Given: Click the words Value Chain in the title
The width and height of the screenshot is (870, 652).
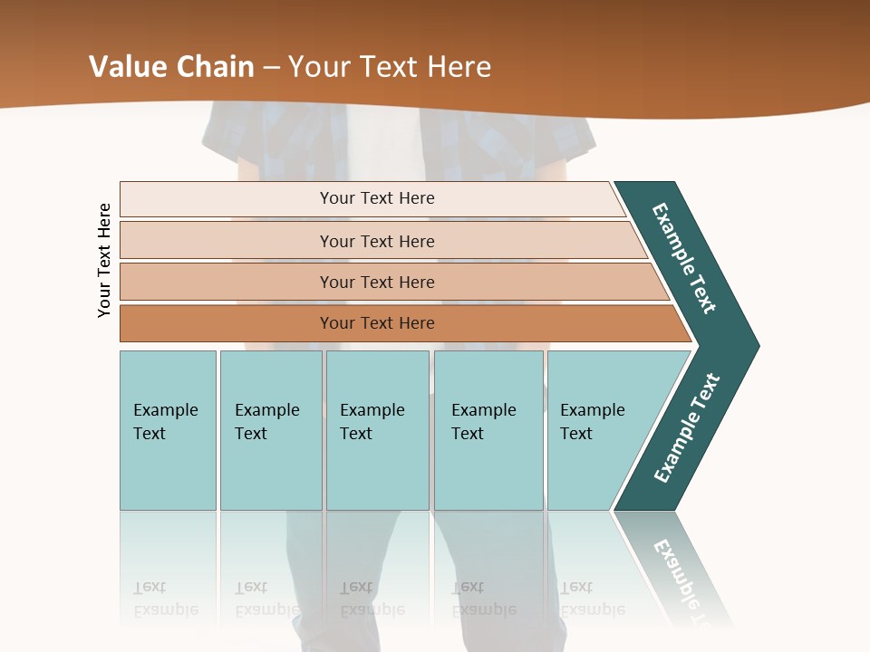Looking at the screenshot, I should point(171,67).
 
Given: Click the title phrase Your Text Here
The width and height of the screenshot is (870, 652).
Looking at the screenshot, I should point(390,67).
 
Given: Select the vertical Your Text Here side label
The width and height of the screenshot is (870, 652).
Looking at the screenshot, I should point(105,260).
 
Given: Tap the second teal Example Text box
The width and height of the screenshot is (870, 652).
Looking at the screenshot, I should point(271,430).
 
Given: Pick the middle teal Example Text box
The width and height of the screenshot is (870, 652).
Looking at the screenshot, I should point(377,430).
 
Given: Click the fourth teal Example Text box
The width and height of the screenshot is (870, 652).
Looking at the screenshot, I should point(488,430).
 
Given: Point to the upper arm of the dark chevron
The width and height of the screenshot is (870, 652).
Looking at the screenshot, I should point(684,258).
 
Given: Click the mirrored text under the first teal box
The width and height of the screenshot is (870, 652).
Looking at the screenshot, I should point(166,599).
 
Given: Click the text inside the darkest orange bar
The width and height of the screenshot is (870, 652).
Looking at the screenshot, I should point(377,323).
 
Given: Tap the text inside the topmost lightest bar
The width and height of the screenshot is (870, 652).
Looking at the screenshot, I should point(377,198).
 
